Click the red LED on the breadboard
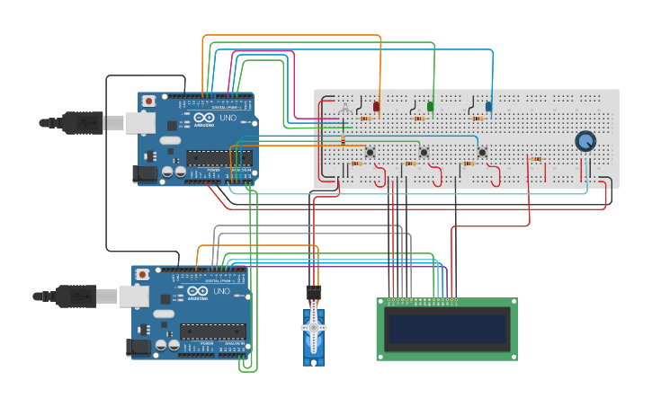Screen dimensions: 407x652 (377, 107)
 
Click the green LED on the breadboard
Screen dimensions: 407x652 (431, 107)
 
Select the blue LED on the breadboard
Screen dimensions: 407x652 (489, 107)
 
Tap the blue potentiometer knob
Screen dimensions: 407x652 (585, 141)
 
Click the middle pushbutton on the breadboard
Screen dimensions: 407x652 (424, 152)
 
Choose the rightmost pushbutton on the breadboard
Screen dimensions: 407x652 (482, 152)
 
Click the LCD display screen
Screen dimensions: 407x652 (446, 330)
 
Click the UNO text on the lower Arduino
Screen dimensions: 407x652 (221, 291)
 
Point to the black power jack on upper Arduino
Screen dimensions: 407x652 (144, 174)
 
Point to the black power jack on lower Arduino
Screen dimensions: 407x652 (138, 347)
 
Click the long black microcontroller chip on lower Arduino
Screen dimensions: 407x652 (212, 332)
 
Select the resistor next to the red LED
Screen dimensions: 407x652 (365, 118)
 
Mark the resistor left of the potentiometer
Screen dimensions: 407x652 (536, 159)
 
